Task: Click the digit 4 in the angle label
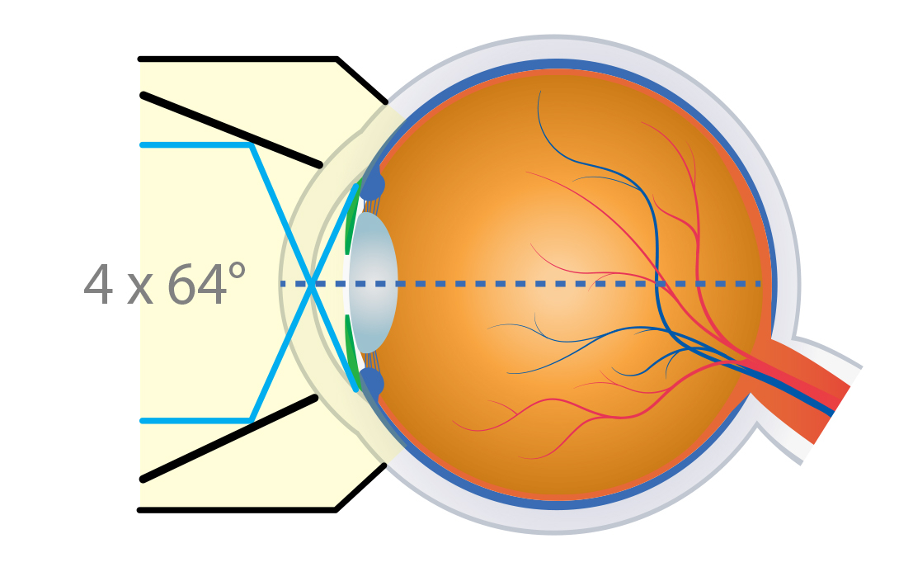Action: pyautogui.click(x=98, y=284)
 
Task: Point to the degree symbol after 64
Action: pyautogui.click(x=237, y=270)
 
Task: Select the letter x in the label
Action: pyautogui.click(x=139, y=290)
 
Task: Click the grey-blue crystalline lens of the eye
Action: pyautogui.click(x=374, y=282)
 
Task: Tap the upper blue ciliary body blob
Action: pyautogui.click(x=372, y=182)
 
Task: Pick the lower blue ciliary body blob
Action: pyautogui.click(x=371, y=383)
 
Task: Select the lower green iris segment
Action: pyautogui.click(x=351, y=349)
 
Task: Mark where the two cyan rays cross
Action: pyautogui.click(x=312, y=284)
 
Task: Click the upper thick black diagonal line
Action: pyautogui.click(x=231, y=130)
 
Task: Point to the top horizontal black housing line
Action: pyautogui.click(x=238, y=59)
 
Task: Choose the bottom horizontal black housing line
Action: pyautogui.click(x=237, y=510)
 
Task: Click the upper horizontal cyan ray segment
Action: pyautogui.click(x=195, y=145)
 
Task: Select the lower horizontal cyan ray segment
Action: pyautogui.click(x=195, y=421)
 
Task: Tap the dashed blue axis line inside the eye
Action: pyautogui.click(x=520, y=284)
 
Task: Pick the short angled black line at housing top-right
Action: pyautogui.click(x=361, y=80)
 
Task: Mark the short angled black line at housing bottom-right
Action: pyautogui.click(x=361, y=488)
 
